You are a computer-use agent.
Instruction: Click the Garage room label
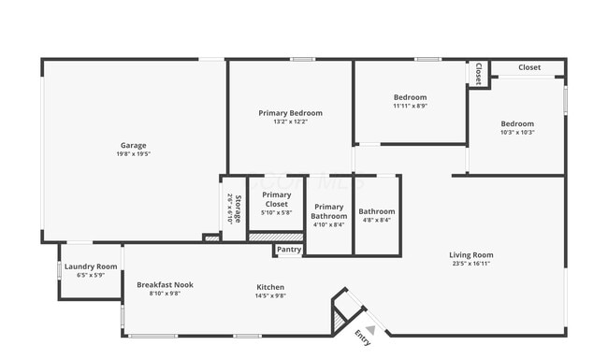(x=133, y=145)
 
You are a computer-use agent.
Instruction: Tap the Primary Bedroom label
(x=291, y=113)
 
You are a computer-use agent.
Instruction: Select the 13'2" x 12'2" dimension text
(x=291, y=122)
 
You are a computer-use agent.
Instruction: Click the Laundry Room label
(x=91, y=266)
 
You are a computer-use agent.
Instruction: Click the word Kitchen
(x=270, y=287)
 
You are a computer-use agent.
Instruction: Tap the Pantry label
(x=289, y=250)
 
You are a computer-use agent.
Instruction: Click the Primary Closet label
(x=277, y=199)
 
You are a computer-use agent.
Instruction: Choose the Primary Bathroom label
(x=329, y=211)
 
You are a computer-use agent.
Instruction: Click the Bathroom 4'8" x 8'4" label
(x=377, y=211)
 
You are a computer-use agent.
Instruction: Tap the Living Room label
(x=470, y=255)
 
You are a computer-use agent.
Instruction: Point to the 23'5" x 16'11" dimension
(x=470, y=264)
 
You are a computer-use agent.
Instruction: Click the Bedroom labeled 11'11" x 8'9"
(x=410, y=97)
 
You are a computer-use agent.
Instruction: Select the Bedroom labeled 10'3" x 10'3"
(x=516, y=123)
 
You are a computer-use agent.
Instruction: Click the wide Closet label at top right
(x=529, y=67)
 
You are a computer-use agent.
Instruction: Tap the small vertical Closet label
(x=478, y=73)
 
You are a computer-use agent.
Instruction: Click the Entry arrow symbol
(x=371, y=329)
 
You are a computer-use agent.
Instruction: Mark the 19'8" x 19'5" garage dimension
(x=133, y=153)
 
